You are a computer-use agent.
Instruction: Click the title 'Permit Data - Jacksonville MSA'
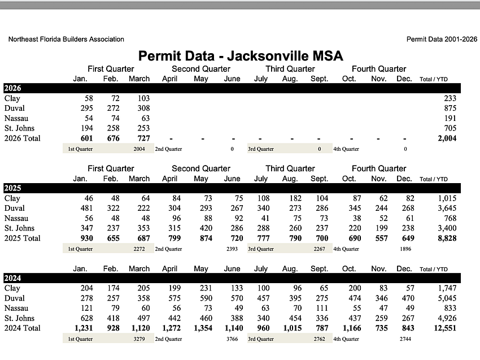241,56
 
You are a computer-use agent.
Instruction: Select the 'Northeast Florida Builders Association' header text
66,40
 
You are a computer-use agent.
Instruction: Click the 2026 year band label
12,88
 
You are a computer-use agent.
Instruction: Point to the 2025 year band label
12,188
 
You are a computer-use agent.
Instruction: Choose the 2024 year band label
12,278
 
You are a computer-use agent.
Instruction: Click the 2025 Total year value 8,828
446,238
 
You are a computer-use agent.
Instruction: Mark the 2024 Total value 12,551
443,328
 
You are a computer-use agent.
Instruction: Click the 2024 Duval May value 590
200,298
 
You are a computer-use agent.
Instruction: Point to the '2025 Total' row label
22,238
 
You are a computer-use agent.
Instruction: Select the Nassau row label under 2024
16,309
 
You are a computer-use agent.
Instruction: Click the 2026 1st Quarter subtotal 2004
139,149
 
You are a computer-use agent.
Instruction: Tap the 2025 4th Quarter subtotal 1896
405,249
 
